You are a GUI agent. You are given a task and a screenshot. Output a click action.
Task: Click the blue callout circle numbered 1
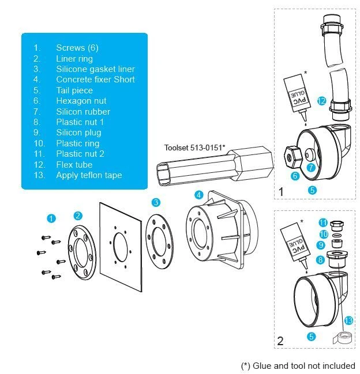coord(52,218)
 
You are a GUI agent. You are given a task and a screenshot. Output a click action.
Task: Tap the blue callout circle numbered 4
coord(198,195)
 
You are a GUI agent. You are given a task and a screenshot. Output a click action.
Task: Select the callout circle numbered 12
coord(322,101)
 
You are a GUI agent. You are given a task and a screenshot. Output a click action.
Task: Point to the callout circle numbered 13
coord(348,320)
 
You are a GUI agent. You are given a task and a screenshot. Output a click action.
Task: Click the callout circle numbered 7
coord(311,168)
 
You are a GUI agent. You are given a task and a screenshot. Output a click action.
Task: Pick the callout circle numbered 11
coord(322,223)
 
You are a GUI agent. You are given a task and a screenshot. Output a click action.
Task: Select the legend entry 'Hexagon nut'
coord(81,101)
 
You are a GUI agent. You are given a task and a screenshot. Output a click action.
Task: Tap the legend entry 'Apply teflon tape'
coord(89,175)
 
